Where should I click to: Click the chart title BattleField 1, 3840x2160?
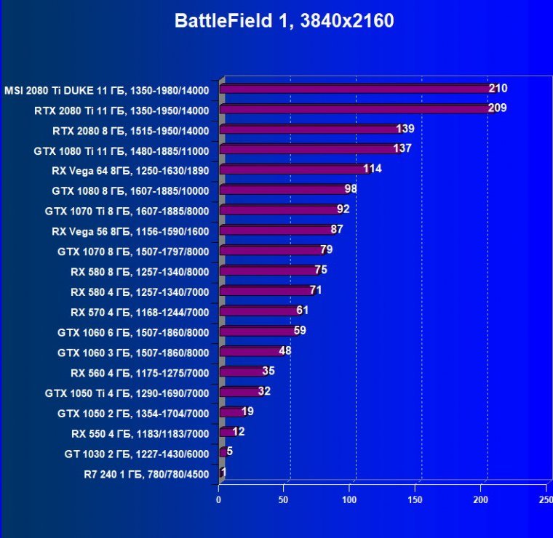coord(285,21)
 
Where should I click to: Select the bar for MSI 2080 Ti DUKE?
coord(357,89)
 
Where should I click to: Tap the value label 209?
coord(498,109)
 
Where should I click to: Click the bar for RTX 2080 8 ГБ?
coord(309,129)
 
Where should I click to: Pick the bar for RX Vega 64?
coord(294,169)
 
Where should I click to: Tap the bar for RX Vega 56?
coord(276,230)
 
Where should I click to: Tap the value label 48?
coord(285,351)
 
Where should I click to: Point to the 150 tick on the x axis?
coord(415,500)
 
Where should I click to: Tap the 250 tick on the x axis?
coord(545,500)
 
